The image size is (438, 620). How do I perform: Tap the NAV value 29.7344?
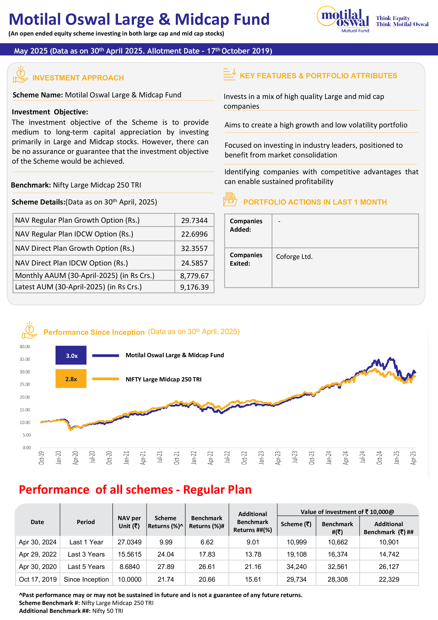coord(194,220)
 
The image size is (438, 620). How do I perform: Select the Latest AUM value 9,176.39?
coord(194,287)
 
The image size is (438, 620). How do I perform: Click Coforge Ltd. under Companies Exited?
coord(294,256)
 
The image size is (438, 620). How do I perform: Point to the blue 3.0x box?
coord(71,355)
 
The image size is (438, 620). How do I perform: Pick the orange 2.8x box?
coord(71,379)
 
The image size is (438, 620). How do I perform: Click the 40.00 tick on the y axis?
coord(25,346)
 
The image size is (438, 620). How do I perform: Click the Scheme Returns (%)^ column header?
coord(165,522)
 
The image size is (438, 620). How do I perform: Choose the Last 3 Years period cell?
coord(86,554)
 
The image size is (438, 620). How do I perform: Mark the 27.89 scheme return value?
coord(166,566)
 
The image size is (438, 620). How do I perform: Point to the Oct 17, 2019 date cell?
coord(37,579)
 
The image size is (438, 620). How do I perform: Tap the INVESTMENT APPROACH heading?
coord(78,78)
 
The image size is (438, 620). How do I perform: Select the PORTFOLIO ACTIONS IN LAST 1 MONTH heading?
coord(315,202)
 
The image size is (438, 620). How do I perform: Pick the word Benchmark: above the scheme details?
coord(31,185)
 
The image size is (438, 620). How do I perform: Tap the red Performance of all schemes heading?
coord(135,490)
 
